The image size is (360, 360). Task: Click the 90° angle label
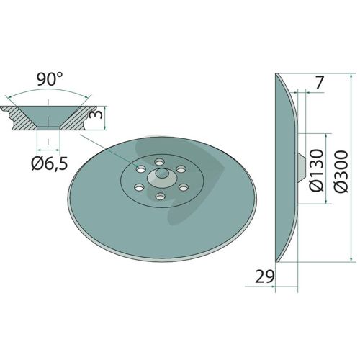point(50,79)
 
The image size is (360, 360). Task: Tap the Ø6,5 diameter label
point(50,164)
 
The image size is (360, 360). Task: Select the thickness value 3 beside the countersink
point(95,114)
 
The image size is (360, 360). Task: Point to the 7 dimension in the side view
point(318,82)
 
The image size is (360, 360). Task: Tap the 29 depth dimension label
point(264,276)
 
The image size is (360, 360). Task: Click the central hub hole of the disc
point(161,173)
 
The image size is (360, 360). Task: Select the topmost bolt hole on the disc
point(159,162)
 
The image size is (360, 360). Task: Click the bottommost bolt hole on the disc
point(159,197)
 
